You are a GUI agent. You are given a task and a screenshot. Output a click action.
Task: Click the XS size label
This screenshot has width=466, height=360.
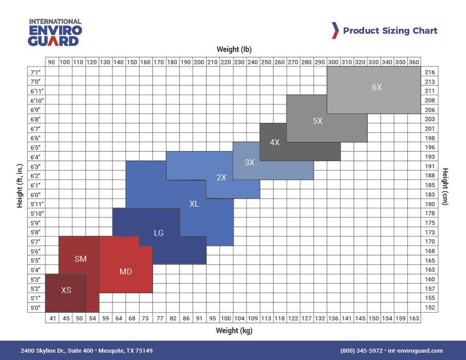coord(66,290)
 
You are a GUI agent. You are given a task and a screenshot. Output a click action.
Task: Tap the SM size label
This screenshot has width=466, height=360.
coord(80,259)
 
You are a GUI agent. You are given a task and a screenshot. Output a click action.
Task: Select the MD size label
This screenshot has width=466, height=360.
coord(126,272)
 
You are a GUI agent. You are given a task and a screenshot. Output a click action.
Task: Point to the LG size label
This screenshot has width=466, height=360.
coord(158,233)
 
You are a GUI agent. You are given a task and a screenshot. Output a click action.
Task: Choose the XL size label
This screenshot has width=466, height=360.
coord(194,204)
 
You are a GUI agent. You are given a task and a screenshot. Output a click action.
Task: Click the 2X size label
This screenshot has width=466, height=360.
coord(221,177)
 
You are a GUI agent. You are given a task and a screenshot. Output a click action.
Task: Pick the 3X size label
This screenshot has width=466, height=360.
coord(249,162)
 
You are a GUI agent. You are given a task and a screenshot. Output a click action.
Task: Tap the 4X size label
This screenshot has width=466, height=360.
coord(275,142)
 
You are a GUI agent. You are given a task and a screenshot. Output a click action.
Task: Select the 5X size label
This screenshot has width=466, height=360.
coord(317,121)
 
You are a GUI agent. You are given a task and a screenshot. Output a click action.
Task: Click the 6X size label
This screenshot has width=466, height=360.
coord(377,87)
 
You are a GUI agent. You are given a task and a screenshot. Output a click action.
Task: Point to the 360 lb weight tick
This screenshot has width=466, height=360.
coord(414,62)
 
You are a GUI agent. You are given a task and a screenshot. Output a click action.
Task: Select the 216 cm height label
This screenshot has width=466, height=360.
coord(430,72)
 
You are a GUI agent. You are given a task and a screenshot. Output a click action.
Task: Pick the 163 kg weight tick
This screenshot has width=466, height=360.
coord(414,318)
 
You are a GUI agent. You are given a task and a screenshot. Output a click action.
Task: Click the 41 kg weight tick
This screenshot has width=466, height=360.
coord(52,318)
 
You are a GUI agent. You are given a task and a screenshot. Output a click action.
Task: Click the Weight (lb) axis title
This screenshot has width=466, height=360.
coord(234,49)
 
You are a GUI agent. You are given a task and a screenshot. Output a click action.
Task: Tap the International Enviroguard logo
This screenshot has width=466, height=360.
coord(55,32)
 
